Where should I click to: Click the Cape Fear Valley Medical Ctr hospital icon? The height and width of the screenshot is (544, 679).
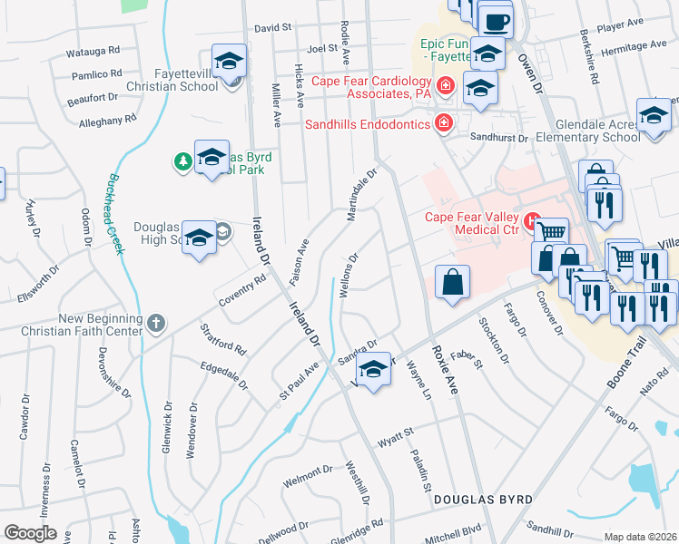(x=533, y=219)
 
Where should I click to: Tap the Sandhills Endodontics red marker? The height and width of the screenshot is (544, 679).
(x=443, y=122)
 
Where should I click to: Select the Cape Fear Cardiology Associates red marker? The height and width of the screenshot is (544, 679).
(x=445, y=86)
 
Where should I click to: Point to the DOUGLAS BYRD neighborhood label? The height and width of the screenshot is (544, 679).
(x=483, y=500)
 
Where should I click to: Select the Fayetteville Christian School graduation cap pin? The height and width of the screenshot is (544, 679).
(x=230, y=62)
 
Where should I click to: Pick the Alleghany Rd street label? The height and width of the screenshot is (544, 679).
(x=107, y=119)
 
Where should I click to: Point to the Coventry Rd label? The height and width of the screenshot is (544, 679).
(x=241, y=291)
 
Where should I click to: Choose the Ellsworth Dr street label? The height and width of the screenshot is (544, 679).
(x=38, y=284)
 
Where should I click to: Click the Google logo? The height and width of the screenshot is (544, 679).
(x=30, y=533)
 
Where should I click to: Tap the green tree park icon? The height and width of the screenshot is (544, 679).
(x=183, y=161)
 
